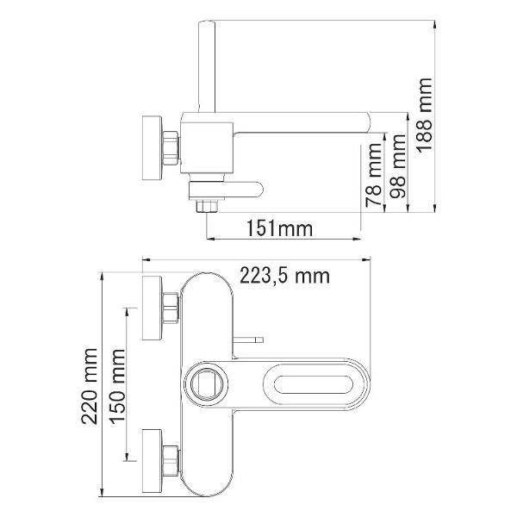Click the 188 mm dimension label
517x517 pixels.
424,115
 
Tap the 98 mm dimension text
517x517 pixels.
398,165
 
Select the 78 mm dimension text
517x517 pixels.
374,175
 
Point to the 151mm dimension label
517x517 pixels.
279,228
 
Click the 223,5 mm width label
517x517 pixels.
284,276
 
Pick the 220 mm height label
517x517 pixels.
90,386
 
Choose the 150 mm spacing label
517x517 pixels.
118,386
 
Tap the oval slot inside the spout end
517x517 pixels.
314,384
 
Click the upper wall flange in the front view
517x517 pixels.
152,308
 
